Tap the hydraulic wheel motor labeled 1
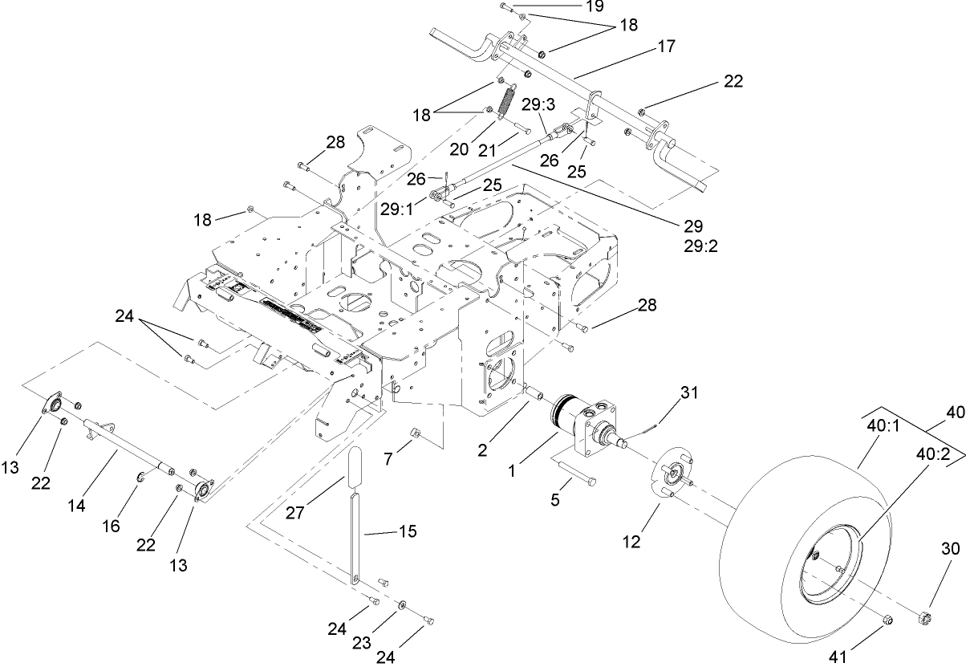pyautogui.click(x=590, y=425)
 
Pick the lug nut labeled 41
pyautogui.click(x=887, y=620)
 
